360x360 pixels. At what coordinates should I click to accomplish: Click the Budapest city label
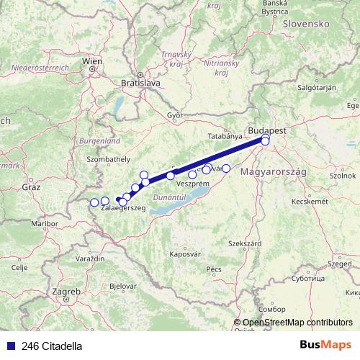[266, 130]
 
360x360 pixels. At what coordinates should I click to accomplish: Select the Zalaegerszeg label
[123, 207]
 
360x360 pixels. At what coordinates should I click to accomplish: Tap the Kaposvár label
[184, 253]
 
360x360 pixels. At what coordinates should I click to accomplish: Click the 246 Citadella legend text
[52, 346]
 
